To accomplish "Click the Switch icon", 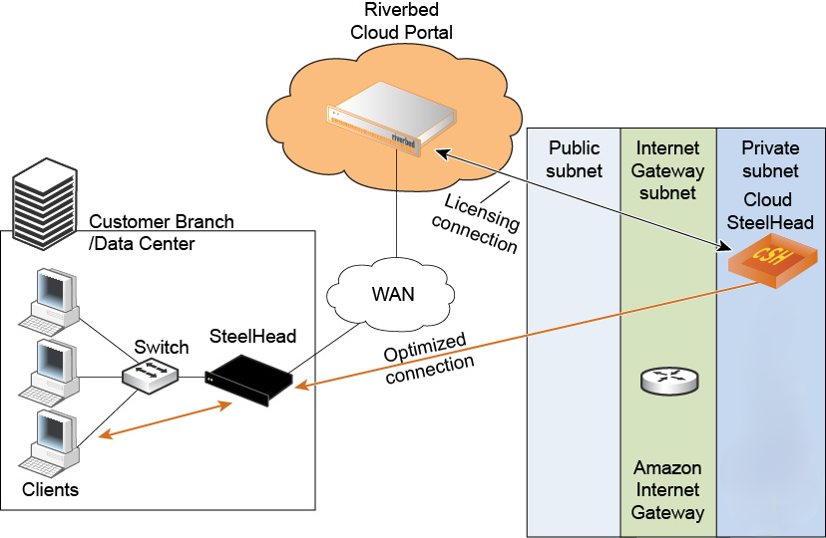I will [x=151, y=376].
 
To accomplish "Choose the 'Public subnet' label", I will [x=575, y=159].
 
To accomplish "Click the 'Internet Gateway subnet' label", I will [x=667, y=170].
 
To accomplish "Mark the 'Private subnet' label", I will [x=770, y=159].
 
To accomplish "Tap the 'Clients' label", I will [x=50, y=490].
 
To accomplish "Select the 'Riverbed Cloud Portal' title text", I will [x=401, y=21].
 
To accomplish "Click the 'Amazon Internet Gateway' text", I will [x=668, y=490].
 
